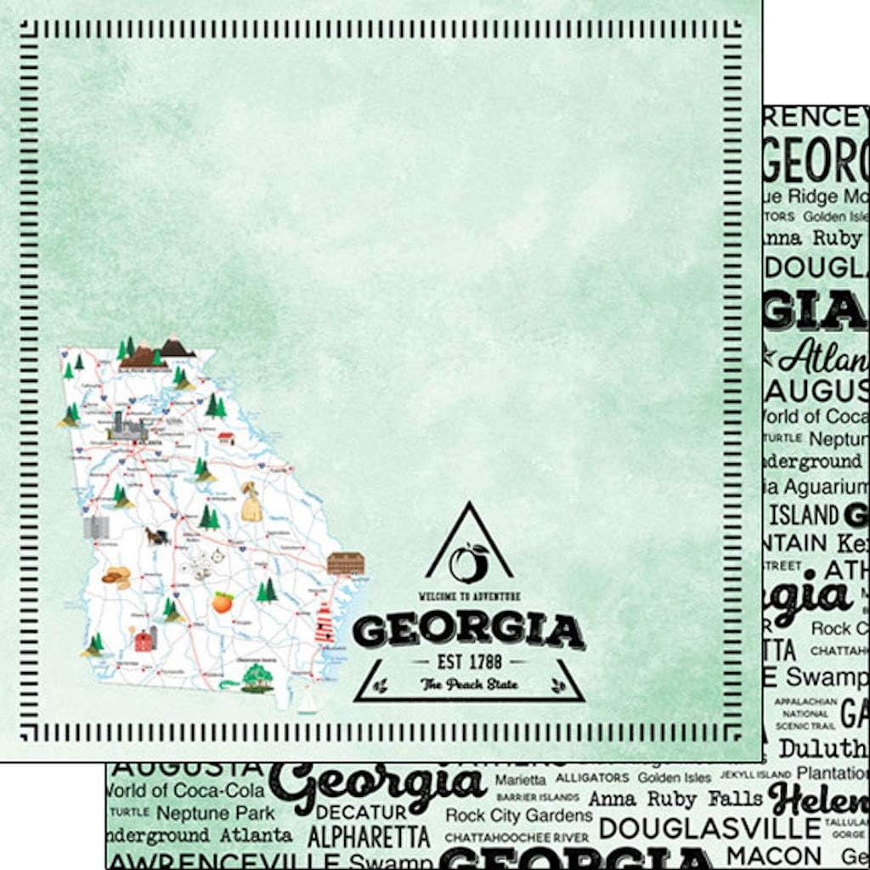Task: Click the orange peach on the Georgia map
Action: click(x=223, y=602)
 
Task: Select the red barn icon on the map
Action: click(x=145, y=639)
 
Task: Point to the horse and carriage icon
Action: click(x=157, y=536)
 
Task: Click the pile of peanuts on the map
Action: click(x=116, y=577)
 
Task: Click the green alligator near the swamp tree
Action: click(x=229, y=682)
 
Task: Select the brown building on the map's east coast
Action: click(x=345, y=562)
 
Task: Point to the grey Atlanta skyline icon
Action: click(x=127, y=427)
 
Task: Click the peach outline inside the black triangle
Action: click(x=468, y=562)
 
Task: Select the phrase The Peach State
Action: click(x=469, y=684)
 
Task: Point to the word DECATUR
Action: click(x=362, y=811)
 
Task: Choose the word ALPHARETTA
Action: click(x=369, y=837)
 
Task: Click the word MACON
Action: click(x=774, y=855)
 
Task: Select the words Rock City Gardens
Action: click(x=518, y=816)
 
